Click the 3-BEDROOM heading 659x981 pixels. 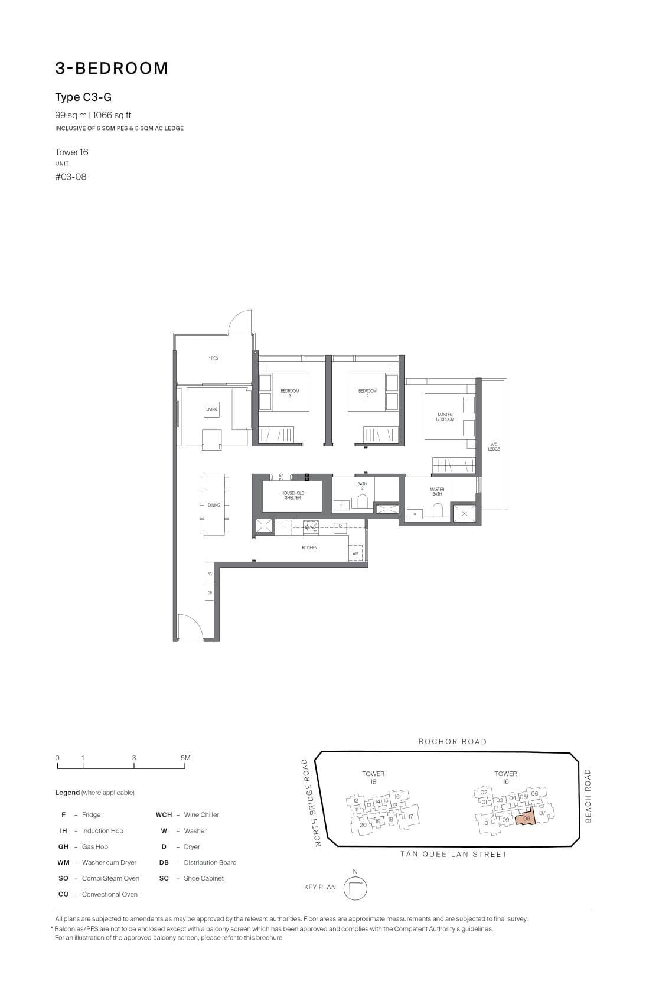coord(112,69)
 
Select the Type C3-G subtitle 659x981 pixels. coord(83,97)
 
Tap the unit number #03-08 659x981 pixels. coord(71,177)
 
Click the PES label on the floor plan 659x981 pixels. coord(213,358)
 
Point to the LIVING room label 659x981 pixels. coord(211,409)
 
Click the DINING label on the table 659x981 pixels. coord(214,505)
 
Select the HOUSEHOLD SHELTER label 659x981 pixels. coord(292,496)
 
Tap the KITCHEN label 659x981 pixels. coord(309,547)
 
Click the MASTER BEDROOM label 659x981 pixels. coord(445,417)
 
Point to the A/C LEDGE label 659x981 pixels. coord(494,446)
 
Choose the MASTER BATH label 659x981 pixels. coord(437,491)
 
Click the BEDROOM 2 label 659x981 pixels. coord(367,393)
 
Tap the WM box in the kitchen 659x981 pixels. coord(355,553)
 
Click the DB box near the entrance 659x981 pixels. coord(210,592)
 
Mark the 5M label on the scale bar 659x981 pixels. coord(185,758)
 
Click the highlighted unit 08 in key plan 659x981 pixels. coord(526,819)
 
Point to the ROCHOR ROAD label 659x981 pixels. coord(452,741)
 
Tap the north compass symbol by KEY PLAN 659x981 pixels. coord(355,888)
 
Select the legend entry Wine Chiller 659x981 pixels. coord(201,814)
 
